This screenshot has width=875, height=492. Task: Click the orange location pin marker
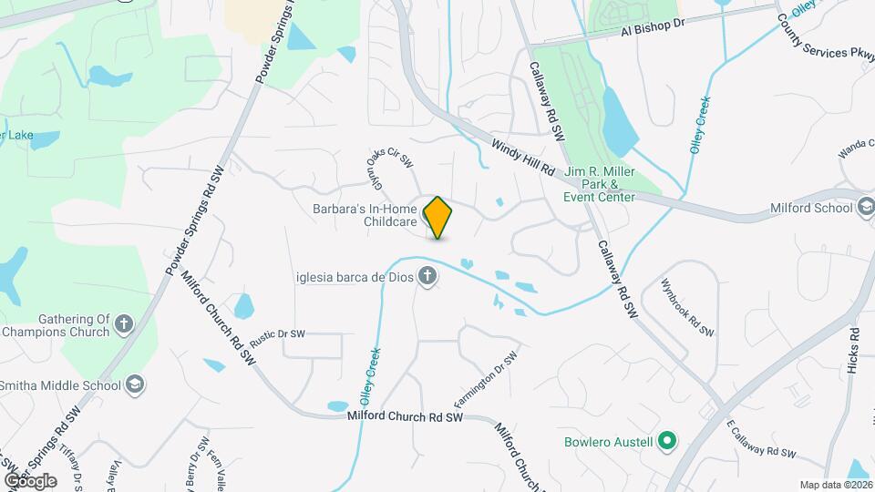click(x=438, y=217)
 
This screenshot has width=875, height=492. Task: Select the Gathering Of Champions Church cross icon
click(x=124, y=322)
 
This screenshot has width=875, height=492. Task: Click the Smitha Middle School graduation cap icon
click(x=136, y=384)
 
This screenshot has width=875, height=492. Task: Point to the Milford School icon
click(x=864, y=207)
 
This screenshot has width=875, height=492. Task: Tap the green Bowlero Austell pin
click(x=667, y=443)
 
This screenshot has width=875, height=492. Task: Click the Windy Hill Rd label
click(x=523, y=157)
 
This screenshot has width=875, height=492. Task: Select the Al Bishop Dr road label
click(x=652, y=27)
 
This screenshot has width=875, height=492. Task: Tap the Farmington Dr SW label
click(x=486, y=379)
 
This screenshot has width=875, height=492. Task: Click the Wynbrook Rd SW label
click(x=687, y=307)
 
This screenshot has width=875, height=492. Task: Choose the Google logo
click(x=30, y=480)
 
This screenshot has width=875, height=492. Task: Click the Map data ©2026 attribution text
click(x=835, y=485)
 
